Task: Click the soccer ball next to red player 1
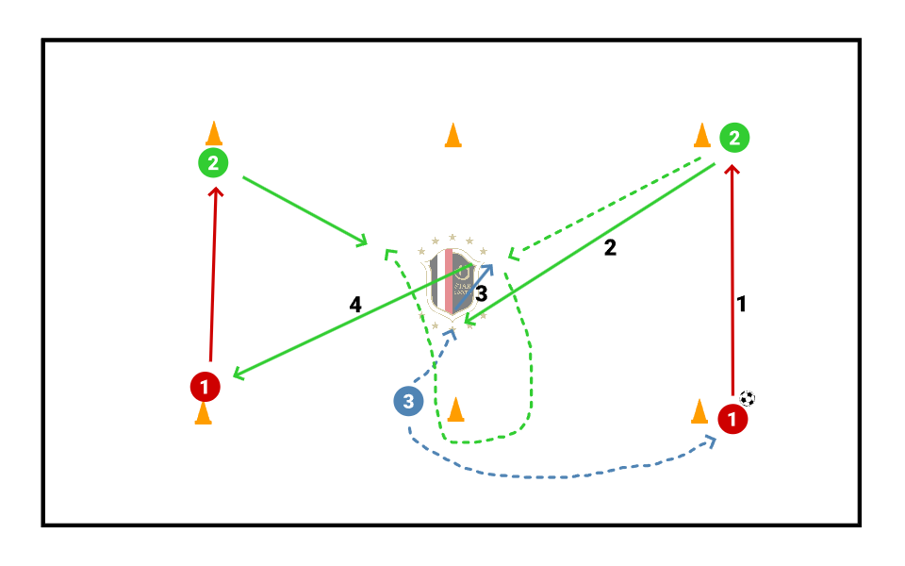(x=748, y=398)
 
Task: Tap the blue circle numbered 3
(x=407, y=402)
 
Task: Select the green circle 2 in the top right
(x=734, y=139)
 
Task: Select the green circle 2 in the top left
(x=213, y=163)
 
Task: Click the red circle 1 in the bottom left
(x=205, y=386)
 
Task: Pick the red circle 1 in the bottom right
(x=732, y=418)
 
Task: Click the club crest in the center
(x=453, y=281)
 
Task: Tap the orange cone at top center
(x=453, y=136)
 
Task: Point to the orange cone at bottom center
(x=456, y=409)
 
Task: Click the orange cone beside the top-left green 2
(x=214, y=133)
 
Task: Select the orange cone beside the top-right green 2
(x=702, y=135)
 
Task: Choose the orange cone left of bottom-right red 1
(x=699, y=411)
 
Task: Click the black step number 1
(x=742, y=305)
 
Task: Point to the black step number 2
(x=610, y=248)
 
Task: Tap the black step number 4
(x=354, y=305)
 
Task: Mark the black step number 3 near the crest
(x=481, y=293)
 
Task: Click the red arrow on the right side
(x=732, y=283)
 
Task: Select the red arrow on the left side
(x=213, y=274)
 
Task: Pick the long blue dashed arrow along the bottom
(x=566, y=474)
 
